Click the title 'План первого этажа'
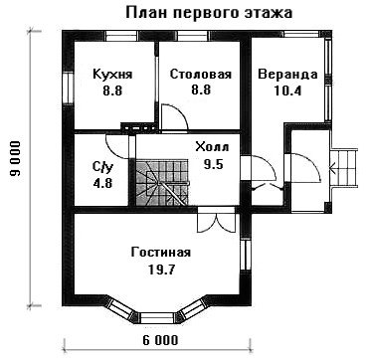[209, 14]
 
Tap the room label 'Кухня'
[112, 75]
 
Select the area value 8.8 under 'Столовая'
[201, 90]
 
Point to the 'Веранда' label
[287, 75]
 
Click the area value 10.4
[287, 90]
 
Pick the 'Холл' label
[212, 147]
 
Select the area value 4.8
[103, 183]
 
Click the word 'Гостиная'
[161, 253]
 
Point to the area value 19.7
[161, 270]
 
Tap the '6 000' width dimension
[161, 340]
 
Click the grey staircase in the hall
[162, 182]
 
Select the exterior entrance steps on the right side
[344, 167]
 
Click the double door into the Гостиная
[216, 220]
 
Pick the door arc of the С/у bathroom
[116, 147]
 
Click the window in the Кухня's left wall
[68, 89]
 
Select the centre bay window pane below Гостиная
[157, 317]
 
